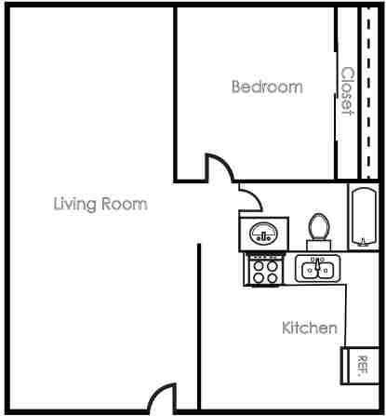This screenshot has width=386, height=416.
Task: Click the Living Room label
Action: [100, 204]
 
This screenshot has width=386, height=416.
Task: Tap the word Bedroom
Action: [267, 87]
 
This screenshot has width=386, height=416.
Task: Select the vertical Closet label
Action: [348, 90]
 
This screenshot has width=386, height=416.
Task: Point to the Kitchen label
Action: [309, 328]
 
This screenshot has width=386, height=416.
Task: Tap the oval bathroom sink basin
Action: [262, 233]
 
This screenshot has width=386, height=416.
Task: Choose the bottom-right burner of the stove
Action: [272, 276]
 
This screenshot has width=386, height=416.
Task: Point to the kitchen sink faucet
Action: [319, 262]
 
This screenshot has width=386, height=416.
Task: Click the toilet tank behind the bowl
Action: [319, 243]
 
